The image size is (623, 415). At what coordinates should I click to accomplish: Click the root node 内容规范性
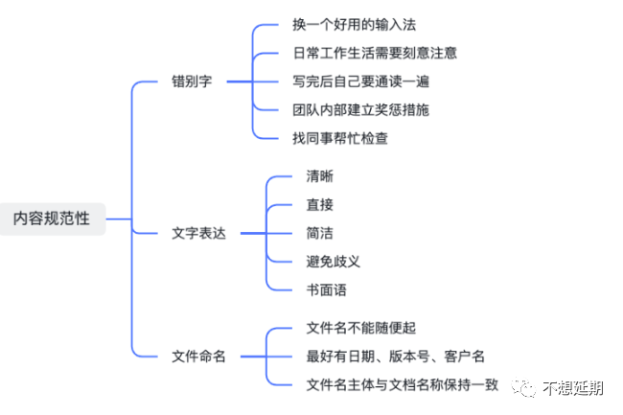click(x=52, y=219)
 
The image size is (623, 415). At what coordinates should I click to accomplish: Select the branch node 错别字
click(x=192, y=81)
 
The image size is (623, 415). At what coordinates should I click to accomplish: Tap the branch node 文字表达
click(x=198, y=233)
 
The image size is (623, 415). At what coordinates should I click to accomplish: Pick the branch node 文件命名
click(x=198, y=357)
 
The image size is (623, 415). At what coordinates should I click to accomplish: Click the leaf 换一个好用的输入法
click(x=354, y=25)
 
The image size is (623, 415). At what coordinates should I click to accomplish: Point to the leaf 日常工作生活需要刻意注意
click(x=375, y=53)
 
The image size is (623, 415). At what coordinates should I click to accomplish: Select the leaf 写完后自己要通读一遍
click(x=360, y=81)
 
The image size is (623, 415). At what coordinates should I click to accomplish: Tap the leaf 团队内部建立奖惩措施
click(x=360, y=109)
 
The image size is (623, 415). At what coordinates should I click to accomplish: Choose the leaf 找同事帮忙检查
click(x=340, y=138)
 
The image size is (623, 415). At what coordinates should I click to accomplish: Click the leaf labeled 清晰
click(x=320, y=176)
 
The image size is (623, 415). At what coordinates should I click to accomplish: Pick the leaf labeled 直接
click(x=320, y=204)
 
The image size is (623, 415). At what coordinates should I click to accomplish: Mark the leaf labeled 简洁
click(x=320, y=233)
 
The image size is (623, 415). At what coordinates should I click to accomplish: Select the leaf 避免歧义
click(x=334, y=262)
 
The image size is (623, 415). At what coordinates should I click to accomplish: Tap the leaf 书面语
click(x=327, y=289)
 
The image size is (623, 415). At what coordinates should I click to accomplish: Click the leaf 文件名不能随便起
click(x=361, y=328)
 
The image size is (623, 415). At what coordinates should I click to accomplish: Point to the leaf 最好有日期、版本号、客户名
click(x=395, y=357)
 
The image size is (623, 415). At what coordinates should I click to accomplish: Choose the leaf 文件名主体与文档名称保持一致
click(x=403, y=384)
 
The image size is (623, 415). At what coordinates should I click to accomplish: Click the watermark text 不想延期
click(x=573, y=388)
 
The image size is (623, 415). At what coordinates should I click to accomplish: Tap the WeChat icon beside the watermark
click(x=523, y=387)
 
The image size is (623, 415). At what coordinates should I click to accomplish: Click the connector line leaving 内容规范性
click(x=119, y=219)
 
